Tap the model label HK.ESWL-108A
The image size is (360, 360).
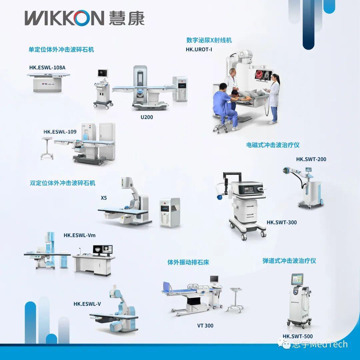(47, 68)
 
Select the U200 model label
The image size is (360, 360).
(147, 117)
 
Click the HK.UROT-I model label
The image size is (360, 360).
(199, 50)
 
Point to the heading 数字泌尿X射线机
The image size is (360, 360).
(209, 40)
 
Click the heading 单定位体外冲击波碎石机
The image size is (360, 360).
(61, 50)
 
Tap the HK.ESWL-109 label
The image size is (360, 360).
(60, 132)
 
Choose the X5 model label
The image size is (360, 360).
(104, 197)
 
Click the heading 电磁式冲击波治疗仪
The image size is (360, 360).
(273, 145)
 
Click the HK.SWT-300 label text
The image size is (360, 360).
(282, 222)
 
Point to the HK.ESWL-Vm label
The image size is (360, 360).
(80, 235)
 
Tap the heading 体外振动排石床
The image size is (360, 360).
(188, 262)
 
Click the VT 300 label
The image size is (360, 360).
(205, 325)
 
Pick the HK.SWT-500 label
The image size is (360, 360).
(298, 336)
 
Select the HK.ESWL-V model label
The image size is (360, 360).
(87, 304)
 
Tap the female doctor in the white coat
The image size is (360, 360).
(274, 98)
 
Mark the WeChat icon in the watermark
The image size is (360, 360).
(286, 344)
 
